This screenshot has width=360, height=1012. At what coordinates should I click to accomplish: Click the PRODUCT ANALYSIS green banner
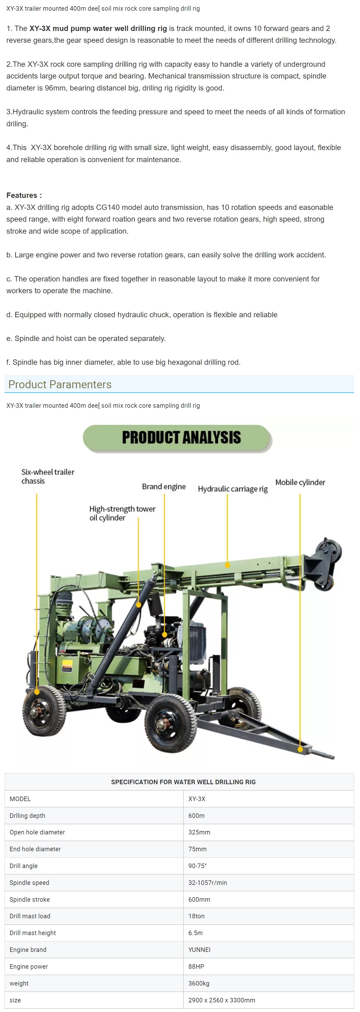(177, 438)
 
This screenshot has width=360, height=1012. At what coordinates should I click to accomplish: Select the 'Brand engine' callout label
(164, 486)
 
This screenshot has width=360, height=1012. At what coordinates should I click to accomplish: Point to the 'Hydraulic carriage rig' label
(233, 489)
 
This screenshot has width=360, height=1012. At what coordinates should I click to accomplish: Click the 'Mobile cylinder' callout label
(300, 482)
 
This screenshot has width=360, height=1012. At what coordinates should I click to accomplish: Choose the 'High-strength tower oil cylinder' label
(122, 513)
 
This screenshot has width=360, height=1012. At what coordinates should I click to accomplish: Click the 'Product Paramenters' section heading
(60, 384)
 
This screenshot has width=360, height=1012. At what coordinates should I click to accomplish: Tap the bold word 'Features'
(22, 195)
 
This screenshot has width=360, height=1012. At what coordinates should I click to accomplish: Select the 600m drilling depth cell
(197, 815)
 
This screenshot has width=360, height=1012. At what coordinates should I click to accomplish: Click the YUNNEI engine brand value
(199, 950)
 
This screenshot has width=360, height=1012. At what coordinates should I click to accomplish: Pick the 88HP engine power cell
(196, 966)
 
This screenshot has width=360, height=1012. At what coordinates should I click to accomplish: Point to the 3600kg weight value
(199, 983)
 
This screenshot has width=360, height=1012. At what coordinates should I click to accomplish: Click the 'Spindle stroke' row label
(29, 899)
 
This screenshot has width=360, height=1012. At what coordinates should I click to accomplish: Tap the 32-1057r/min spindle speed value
(208, 883)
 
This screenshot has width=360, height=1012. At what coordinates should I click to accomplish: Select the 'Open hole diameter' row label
(37, 832)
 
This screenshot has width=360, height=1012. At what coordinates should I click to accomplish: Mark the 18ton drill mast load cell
(197, 916)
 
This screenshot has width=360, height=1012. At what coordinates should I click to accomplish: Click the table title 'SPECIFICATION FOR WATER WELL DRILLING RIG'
(183, 782)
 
